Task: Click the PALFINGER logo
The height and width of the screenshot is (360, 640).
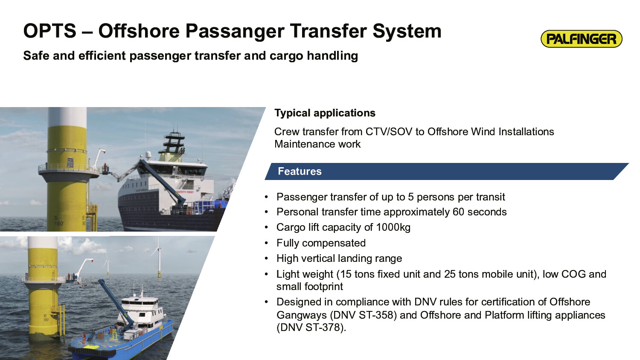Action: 582,39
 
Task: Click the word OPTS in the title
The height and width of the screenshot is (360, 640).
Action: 50,31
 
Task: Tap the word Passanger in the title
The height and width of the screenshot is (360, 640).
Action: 235,32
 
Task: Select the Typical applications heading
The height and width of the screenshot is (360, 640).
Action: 325,113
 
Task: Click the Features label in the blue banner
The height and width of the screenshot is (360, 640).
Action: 300,171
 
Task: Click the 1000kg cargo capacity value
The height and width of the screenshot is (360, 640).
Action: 393,227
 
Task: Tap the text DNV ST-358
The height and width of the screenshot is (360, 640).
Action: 364,315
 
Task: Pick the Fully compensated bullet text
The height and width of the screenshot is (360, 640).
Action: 321,243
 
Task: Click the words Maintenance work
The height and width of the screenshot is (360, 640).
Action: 317,144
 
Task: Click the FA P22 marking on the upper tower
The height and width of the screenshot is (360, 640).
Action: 70,163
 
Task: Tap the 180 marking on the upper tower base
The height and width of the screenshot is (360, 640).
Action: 59,224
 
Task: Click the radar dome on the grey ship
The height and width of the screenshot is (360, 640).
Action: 148,155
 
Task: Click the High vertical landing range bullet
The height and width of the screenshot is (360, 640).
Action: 339,258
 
